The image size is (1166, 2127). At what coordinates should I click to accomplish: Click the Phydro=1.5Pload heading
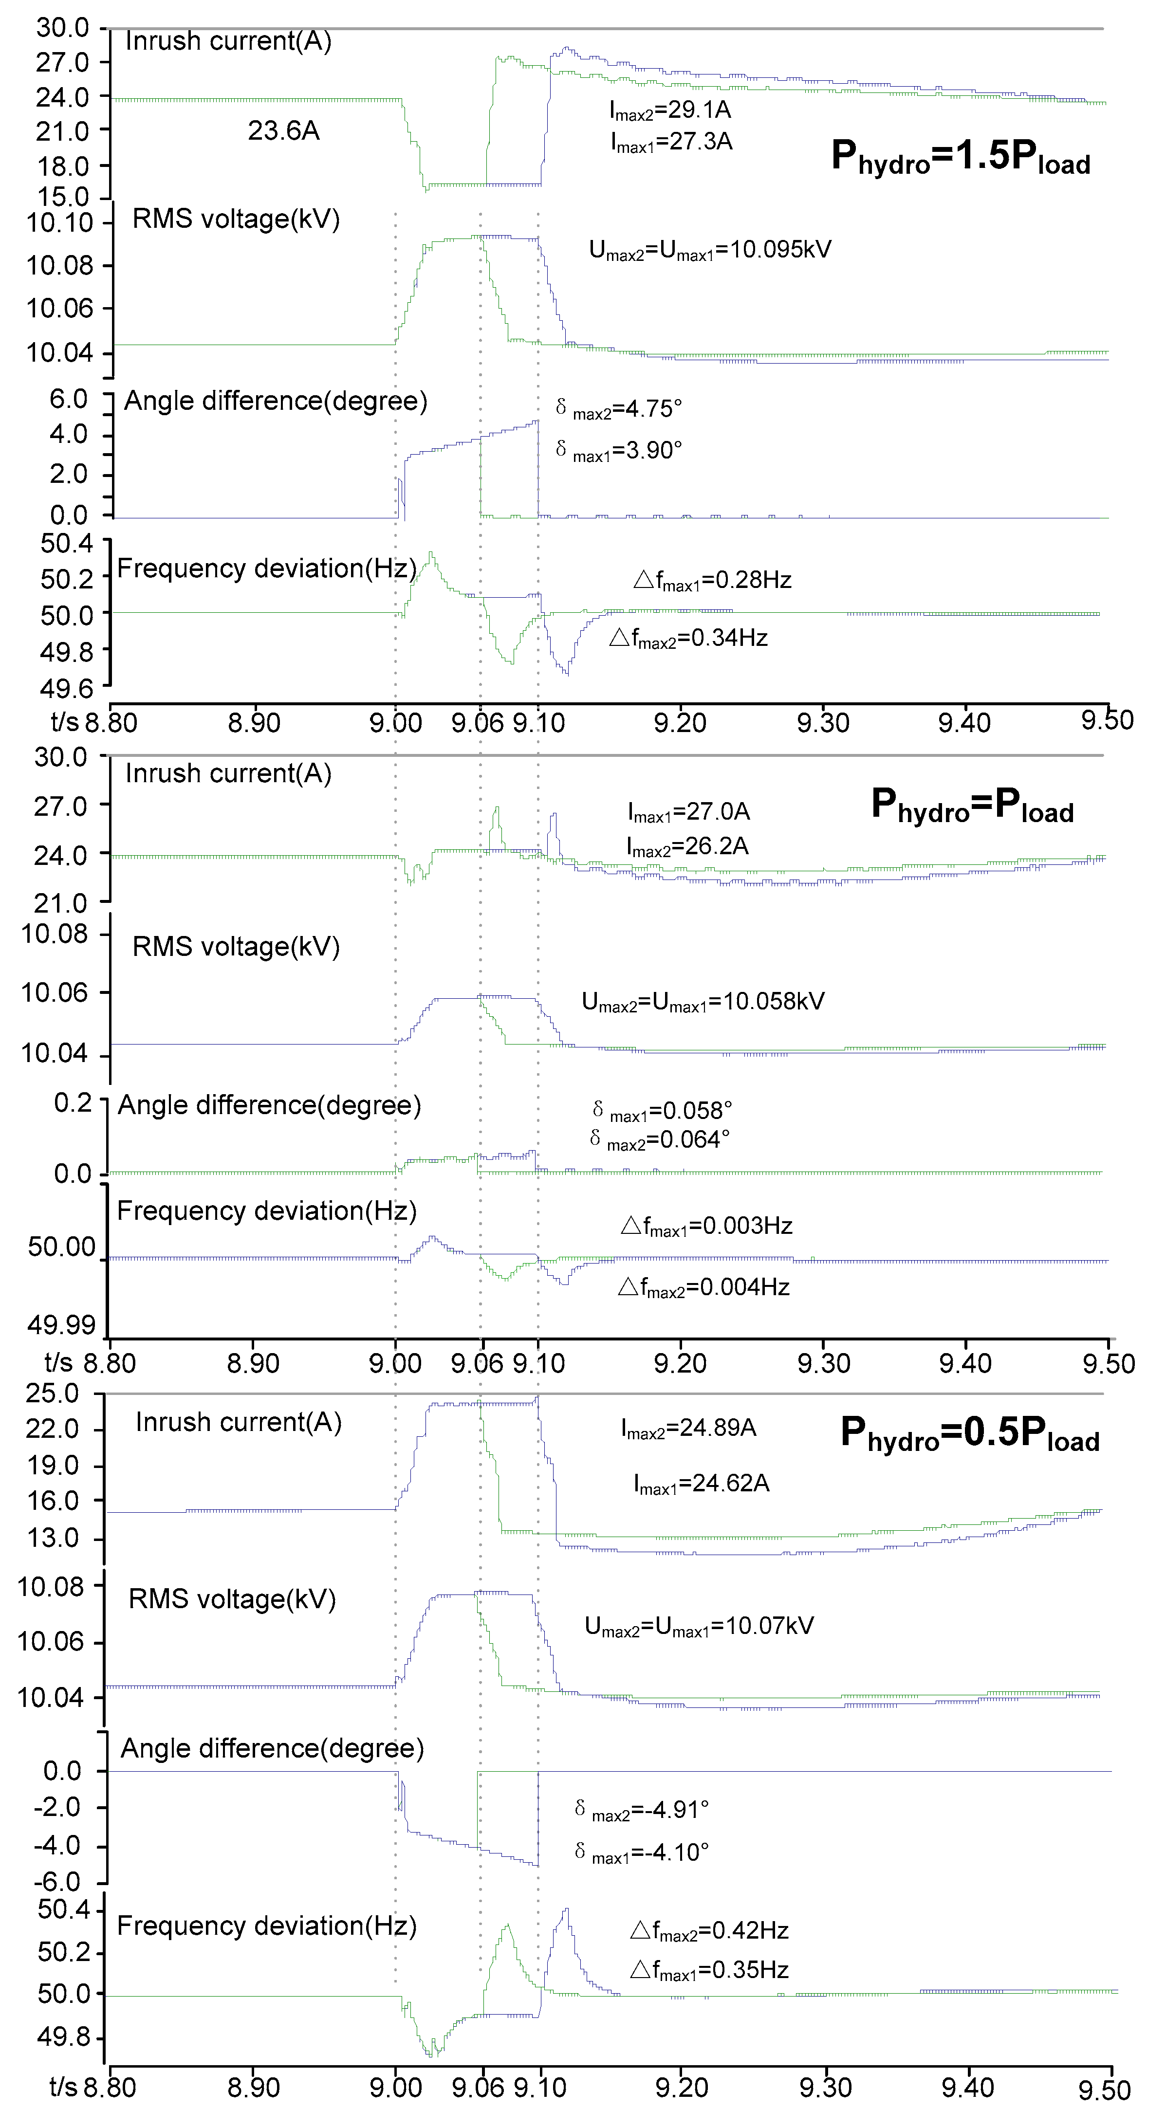tap(961, 156)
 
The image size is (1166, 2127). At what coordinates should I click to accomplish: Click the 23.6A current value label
tap(283, 130)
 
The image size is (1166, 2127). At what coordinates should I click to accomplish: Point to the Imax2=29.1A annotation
tap(670, 110)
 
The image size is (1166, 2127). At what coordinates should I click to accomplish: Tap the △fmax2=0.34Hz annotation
tap(689, 638)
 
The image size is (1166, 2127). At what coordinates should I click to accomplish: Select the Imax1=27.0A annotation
tap(689, 812)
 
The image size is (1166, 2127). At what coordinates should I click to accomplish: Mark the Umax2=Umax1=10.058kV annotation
tap(703, 1002)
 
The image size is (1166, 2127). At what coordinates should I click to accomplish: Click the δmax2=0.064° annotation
tap(660, 1140)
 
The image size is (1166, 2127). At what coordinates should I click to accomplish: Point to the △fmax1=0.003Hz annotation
tap(707, 1226)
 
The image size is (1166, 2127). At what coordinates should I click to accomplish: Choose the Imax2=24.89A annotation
tap(689, 1428)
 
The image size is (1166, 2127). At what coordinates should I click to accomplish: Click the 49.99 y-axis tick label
tap(62, 1325)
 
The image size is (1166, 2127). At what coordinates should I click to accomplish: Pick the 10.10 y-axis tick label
tap(59, 223)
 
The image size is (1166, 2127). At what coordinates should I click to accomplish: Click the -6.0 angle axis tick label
tap(57, 1883)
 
